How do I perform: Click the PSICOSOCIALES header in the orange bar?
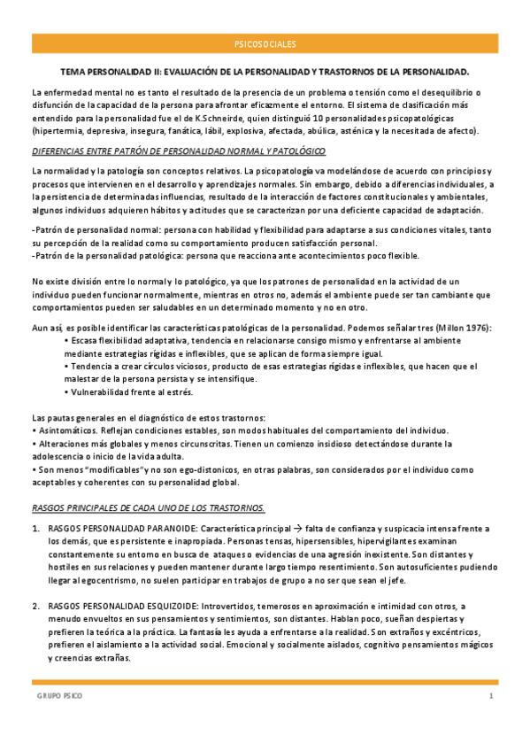click(265, 43)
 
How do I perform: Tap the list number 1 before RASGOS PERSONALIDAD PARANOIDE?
click(35, 529)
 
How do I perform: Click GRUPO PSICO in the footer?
click(60, 697)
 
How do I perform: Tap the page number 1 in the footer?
click(491, 697)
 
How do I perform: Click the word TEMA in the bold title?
click(73, 70)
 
